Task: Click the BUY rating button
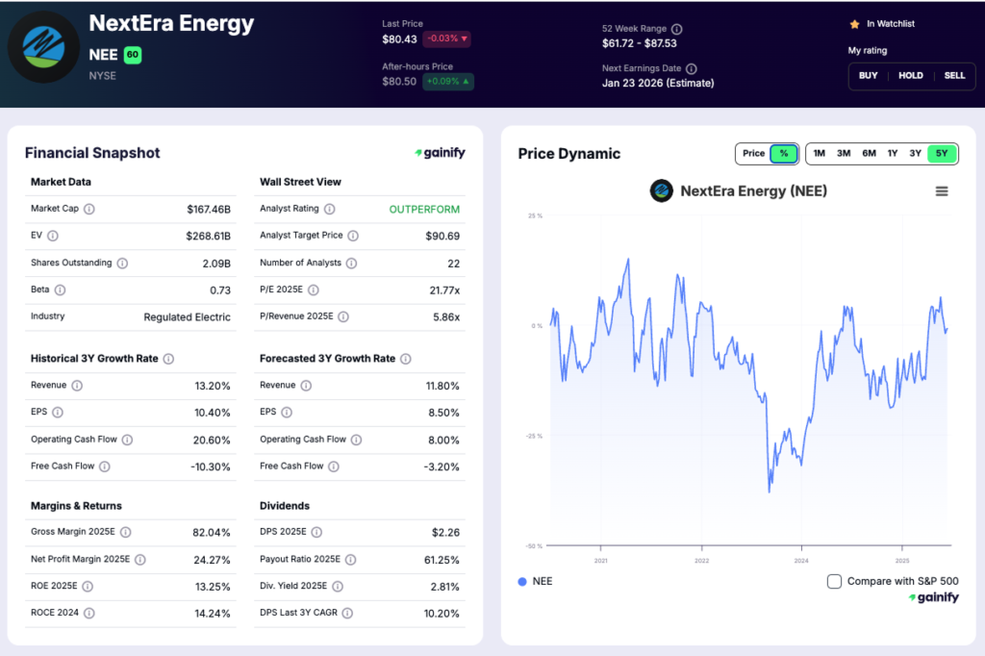tap(869, 75)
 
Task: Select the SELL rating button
tap(954, 75)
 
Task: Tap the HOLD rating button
tap(911, 75)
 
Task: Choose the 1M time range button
tap(819, 153)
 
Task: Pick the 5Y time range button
tap(942, 153)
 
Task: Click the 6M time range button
tap(869, 153)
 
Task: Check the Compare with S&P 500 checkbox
tap(835, 581)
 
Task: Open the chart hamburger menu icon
tap(942, 191)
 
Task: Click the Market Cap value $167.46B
tap(209, 209)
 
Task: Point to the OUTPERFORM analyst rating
tap(424, 209)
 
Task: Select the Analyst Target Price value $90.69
tap(442, 236)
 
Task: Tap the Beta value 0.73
tap(220, 290)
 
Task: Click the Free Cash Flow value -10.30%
tap(212, 467)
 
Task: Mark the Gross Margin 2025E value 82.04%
tap(212, 532)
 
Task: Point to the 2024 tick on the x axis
tap(801, 560)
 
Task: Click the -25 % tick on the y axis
tap(533, 436)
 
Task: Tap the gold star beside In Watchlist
tap(853, 24)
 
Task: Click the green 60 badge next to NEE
tap(133, 55)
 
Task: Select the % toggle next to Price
tap(784, 153)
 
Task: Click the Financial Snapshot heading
tap(92, 153)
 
